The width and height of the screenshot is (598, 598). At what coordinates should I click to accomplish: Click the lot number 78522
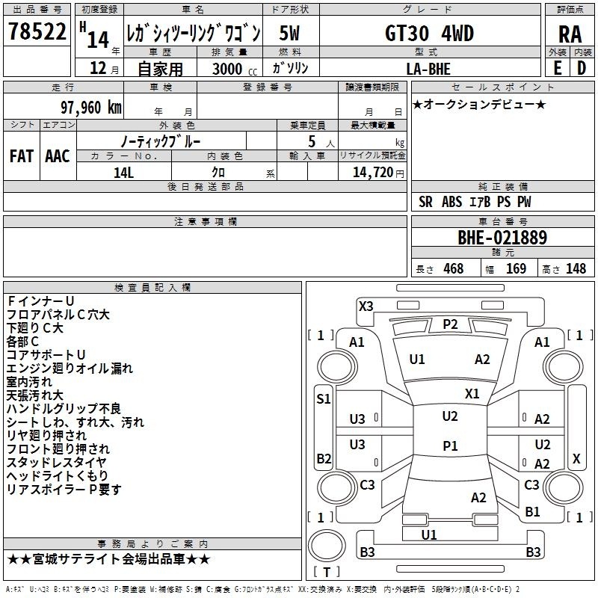point(37,31)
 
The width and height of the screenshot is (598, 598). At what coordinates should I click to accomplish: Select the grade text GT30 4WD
point(429,33)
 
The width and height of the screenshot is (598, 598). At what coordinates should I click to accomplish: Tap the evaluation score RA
point(570,34)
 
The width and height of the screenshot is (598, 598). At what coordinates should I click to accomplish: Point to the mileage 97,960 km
point(90,108)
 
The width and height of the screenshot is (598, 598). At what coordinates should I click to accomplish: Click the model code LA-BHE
point(428,69)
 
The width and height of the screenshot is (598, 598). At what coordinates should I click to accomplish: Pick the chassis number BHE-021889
point(502,238)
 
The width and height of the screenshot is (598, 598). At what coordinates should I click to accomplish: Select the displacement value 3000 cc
point(235,69)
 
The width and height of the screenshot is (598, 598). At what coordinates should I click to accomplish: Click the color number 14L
point(123,173)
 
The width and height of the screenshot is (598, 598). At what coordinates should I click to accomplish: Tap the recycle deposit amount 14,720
point(373,173)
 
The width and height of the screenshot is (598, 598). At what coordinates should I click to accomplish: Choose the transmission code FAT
point(22,156)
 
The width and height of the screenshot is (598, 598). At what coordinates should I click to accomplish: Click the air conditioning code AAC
point(58,156)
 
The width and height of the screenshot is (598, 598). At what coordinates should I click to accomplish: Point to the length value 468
point(454,268)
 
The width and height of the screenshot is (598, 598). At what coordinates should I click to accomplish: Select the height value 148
point(576,268)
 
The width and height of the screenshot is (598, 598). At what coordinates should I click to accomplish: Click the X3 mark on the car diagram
point(366,306)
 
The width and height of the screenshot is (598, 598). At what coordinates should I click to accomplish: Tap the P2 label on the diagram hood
point(450,324)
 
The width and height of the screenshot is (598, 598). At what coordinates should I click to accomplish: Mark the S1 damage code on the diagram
point(324,399)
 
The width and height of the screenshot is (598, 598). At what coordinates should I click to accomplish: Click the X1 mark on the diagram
point(472,394)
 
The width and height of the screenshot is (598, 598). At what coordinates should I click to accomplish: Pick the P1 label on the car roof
point(450,446)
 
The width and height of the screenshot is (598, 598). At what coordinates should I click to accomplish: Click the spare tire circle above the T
point(327,546)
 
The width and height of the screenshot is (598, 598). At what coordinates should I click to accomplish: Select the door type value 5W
point(289,33)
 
